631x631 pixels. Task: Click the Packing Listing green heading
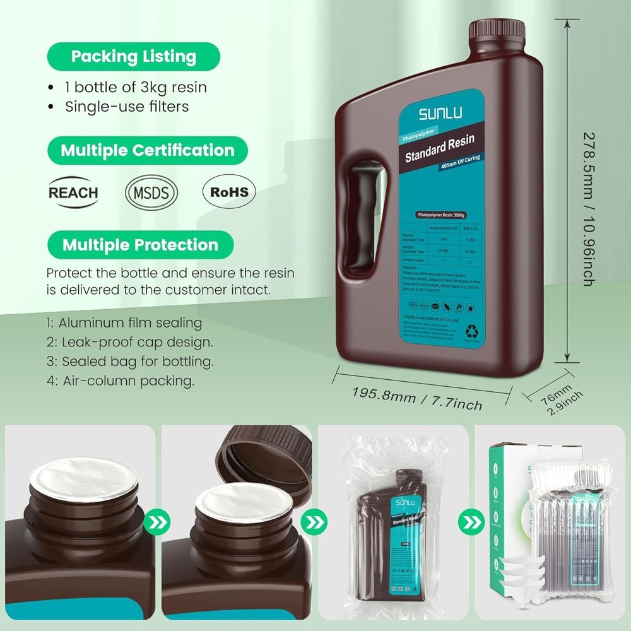(x=133, y=56)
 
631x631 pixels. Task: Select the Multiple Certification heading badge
(x=147, y=151)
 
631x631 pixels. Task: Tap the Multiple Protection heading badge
(x=139, y=245)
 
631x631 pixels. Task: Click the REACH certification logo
(x=74, y=192)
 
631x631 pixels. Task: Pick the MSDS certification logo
(x=151, y=192)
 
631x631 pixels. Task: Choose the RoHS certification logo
(x=229, y=192)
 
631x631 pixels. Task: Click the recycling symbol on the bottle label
(x=471, y=330)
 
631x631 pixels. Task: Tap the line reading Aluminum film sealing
(x=124, y=323)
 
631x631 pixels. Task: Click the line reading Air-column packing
(x=120, y=381)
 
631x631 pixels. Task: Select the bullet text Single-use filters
(x=127, y=107)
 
